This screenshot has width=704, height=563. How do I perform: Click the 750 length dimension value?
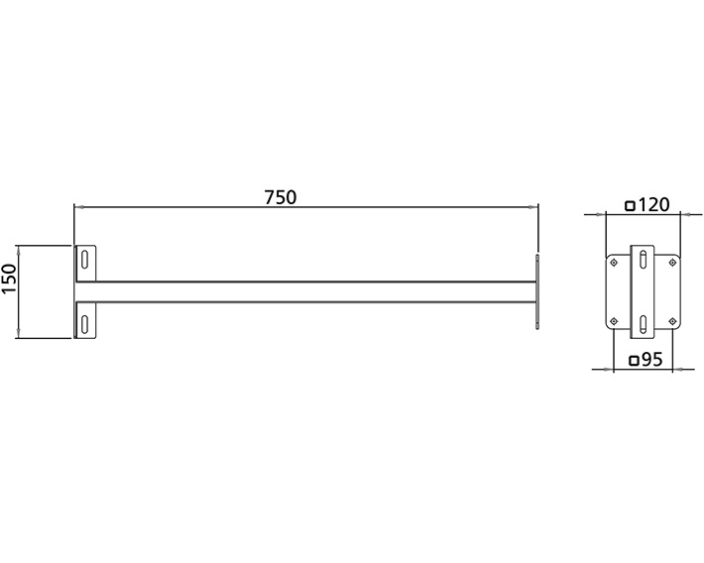click(280, 196)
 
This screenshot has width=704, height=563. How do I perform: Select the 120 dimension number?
click(654, 205)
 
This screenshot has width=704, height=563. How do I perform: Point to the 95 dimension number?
click(651, 361)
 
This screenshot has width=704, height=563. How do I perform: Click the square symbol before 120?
click(631, 206)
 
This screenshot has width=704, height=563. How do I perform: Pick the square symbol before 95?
click(633, 362)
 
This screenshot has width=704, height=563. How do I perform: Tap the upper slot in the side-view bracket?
click(86, 260)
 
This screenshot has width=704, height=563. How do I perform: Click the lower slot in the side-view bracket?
click(86, 323)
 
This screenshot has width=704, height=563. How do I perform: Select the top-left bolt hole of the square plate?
click(615, 262)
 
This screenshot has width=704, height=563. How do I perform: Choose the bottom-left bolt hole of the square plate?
click(615, 320)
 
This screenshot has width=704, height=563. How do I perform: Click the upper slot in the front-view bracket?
click(644, 260)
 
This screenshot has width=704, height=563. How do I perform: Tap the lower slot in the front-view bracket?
click(644, 323)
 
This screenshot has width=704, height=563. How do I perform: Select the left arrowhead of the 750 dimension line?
click(78, 207)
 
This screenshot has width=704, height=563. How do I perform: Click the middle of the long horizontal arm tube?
click(307, 291)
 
